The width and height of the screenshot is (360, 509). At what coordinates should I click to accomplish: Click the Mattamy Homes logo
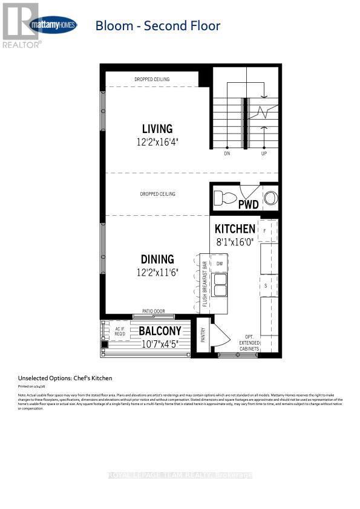pyautogui.click(x=53, y=25)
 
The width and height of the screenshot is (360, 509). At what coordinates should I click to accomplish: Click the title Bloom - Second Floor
pyautogui.click(x=157, y=25)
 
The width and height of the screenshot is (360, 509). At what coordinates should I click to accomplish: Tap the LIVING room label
pyautogui.click(x=157, y=129)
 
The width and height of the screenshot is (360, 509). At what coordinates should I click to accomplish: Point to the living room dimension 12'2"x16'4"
pyautogui.click(x=157, y=141)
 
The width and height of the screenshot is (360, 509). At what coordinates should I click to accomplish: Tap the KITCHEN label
pyautogui.click(x=235, y=229)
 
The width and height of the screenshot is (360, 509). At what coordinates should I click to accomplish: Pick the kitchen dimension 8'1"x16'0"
pyautogui.click(x=238, y=241)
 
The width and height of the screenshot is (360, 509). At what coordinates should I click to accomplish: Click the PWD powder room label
pyautogui.click(x=249, y=204)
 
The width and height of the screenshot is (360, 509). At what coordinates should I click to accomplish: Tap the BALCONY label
pyautogui.click(x=160, y=331)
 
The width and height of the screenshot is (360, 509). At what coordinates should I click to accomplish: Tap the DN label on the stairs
pyautogui.click(x=227, y=154)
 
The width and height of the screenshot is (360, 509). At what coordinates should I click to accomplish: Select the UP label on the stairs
pyautogui.click(x=264, y=154)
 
